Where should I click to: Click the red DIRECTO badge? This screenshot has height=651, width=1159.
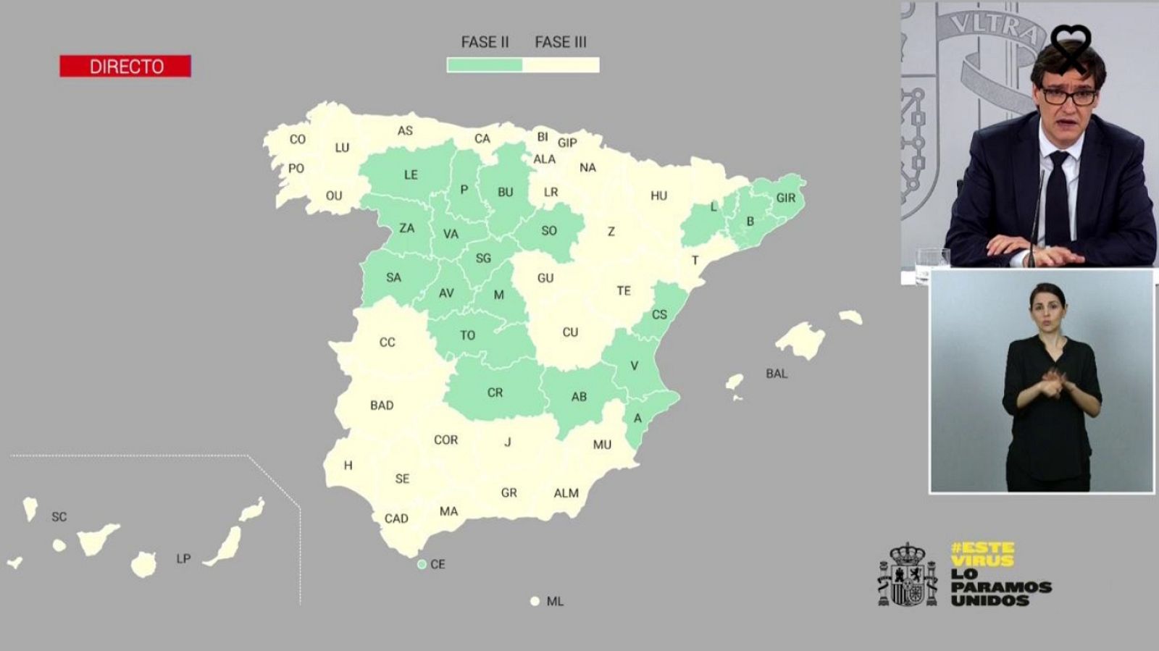tap(125, 66)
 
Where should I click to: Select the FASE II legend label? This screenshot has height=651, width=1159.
tap(485, 42)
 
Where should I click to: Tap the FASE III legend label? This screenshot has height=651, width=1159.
tap(561, 42)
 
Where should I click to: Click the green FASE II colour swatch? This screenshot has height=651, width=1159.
tap(485, 65)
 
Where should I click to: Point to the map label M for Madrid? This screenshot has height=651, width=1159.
tap(498, 295)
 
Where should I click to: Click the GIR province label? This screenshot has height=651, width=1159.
tap(785, 198)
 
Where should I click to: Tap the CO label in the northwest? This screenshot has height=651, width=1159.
tap(298, 139)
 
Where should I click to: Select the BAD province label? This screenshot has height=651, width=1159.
tap(382, 406)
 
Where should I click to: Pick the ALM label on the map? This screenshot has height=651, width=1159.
tap(566, 493)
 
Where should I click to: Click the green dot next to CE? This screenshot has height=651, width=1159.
tap(422, 564)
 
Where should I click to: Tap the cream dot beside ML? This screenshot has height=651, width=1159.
tap(535, 601)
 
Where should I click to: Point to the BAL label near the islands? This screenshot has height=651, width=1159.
tap(777, 374)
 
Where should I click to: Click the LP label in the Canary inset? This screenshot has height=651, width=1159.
tap(183, 559)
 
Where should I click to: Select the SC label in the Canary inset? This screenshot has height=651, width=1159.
tap(59, 517)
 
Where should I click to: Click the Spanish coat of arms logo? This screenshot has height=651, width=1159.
tap(906, 576)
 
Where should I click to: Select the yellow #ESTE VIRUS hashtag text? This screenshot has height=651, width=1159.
tap(982, 555)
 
